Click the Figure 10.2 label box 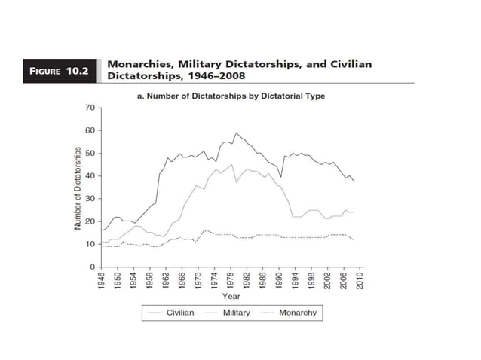58,72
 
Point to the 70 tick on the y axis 89,108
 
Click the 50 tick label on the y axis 89,154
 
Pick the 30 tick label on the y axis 89,199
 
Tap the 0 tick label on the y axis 91,267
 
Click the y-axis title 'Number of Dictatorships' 76,188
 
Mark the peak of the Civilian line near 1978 236,133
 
